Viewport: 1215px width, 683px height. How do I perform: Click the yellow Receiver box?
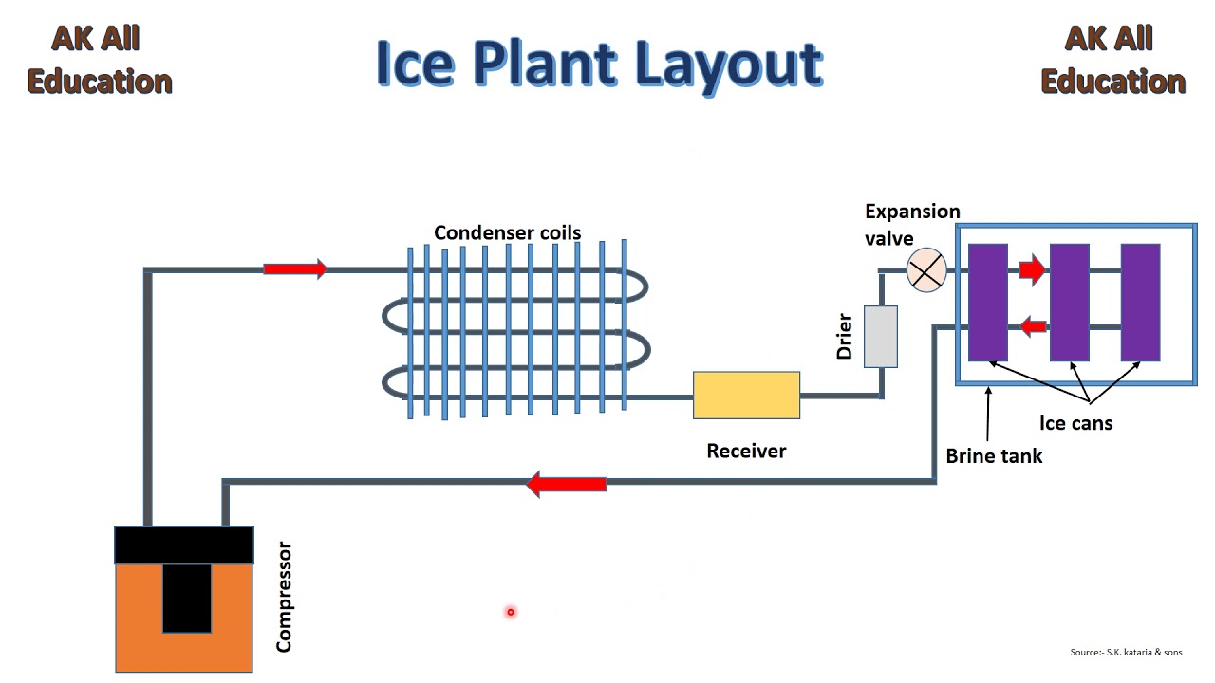tap(746, 396)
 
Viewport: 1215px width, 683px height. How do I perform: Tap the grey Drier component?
tap(880, 337)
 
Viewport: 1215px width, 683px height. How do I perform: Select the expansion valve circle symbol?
tap(926, 270)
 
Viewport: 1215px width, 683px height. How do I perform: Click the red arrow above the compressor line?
tap(294, 269)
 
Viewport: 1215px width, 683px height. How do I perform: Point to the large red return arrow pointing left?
tap(566, 484)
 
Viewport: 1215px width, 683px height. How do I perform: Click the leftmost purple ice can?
tap(987, 302)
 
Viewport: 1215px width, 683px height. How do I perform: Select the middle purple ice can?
tap(1069, 302)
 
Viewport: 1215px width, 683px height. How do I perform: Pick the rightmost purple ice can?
tap(1140, 302)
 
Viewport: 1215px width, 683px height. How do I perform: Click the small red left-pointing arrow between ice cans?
tap(1033, 327)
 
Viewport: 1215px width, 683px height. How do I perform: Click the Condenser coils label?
tap(507, 232)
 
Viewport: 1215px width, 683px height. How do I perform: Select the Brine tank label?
tap(994, 456)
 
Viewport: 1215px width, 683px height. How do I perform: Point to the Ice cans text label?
tap(1075, 423)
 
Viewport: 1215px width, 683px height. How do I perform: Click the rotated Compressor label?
tap(284, 597)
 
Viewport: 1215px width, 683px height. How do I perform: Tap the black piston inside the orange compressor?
tap(187, 598)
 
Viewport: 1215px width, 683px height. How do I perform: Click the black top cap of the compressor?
tap(184, 545)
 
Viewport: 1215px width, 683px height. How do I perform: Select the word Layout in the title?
tap(728, 65)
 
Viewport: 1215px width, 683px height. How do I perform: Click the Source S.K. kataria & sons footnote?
tap(1126, 653)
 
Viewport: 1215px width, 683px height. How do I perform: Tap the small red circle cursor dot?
tap(510, 612)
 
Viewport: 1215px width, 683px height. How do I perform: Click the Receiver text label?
tap(746, 451)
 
